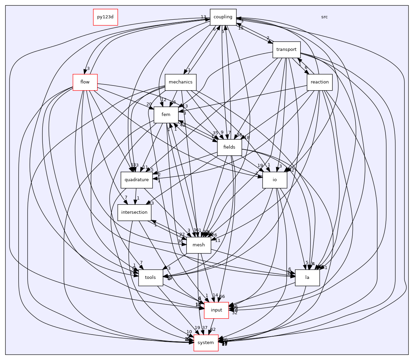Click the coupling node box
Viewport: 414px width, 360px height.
coord(223,17)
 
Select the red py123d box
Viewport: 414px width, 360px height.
coord(105,17)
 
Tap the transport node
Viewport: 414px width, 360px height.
coord(286,50)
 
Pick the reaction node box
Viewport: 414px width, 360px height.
coord(320,82)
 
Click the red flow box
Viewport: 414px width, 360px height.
coord(85,82)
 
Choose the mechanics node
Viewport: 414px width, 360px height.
coord(181,82)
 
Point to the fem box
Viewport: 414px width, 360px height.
coord(166,115)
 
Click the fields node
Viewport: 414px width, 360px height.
coord(229,147)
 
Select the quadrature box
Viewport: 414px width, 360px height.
coord(136,180)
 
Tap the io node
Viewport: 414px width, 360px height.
coord(275,180)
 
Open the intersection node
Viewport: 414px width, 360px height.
coord(134,212)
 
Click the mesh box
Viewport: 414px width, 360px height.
coord(199,245)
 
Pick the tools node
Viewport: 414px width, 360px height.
coord(150,278)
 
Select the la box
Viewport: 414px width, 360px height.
coord(307,278)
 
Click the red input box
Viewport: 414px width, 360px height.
coord(216,310)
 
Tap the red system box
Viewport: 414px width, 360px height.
coord(206,343)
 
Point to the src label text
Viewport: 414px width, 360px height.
coord(324,17)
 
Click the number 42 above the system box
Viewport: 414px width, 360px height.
coord(213,329)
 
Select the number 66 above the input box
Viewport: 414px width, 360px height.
coord(222,297)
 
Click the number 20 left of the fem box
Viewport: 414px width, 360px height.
coord(149,104)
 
